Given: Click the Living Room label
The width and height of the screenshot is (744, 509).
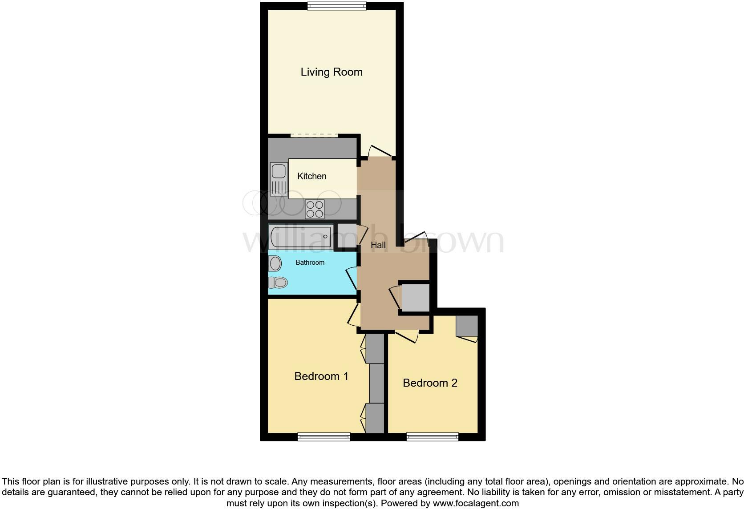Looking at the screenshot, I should coord(332,72).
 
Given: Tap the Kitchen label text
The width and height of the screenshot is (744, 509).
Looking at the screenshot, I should coord(311,176).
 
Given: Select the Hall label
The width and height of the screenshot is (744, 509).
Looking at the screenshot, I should coord(378,245).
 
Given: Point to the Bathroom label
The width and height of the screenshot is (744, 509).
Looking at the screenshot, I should coord(310,263).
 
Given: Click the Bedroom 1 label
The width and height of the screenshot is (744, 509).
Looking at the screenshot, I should coord(321,376).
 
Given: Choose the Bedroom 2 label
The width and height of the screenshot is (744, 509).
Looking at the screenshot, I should coord(430,383).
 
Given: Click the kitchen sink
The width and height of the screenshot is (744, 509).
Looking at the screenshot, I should coord(279,179).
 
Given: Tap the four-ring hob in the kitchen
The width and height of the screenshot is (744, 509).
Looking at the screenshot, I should coord(315,209).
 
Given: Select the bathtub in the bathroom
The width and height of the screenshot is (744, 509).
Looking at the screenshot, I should coord(300,236).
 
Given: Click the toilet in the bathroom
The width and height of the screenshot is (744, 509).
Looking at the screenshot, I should coord(278,282).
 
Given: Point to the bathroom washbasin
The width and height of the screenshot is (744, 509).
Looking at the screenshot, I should coord(275,263).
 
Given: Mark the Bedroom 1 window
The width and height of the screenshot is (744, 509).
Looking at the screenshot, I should coord(324,437).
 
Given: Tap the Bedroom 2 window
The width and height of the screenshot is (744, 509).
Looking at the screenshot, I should coord(432,437).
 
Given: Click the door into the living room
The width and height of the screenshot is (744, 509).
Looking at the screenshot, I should coord(380,152).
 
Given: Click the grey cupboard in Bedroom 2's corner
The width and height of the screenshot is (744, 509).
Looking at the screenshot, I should coord(467,326).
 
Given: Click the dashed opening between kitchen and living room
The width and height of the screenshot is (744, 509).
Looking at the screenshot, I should coord(314,135).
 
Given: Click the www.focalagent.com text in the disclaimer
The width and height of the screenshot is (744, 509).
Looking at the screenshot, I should coord(476,504).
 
